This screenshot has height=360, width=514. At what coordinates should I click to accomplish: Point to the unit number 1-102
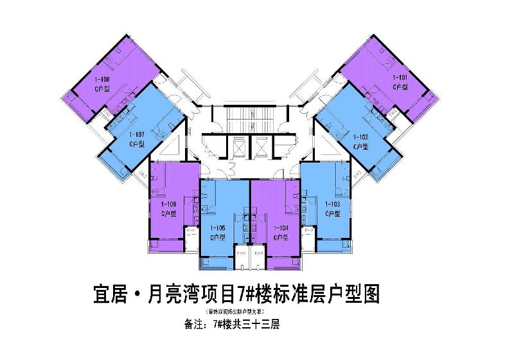click(360, 137)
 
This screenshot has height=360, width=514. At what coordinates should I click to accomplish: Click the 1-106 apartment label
click(167, 204)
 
